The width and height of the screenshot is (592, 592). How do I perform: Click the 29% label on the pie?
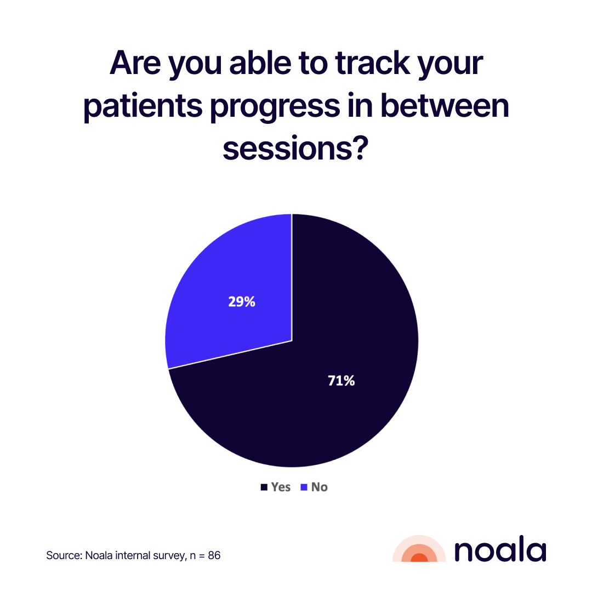click(242, 301)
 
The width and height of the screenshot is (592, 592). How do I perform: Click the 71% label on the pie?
click(341, 380)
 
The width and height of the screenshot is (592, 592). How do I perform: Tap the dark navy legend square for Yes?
click(264, 487)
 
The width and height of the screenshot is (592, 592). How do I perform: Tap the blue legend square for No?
click(304, 487)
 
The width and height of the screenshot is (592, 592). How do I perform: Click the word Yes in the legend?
click(281, 487)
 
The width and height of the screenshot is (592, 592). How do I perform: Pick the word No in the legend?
click(320, 487)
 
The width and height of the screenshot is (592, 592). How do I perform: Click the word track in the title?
click(372, 62)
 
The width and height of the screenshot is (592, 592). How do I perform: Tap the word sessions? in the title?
click(295, 148)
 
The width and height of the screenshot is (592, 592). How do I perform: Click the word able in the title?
click(260, 62)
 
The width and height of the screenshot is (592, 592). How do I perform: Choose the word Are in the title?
click(135, 62)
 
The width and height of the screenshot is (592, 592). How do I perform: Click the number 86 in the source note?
click(214, 555)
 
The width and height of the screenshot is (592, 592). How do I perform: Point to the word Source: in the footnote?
click(64, 555)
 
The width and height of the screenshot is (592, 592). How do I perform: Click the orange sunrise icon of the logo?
click(419, 549)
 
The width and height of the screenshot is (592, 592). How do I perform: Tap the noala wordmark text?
click(500, 549)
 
